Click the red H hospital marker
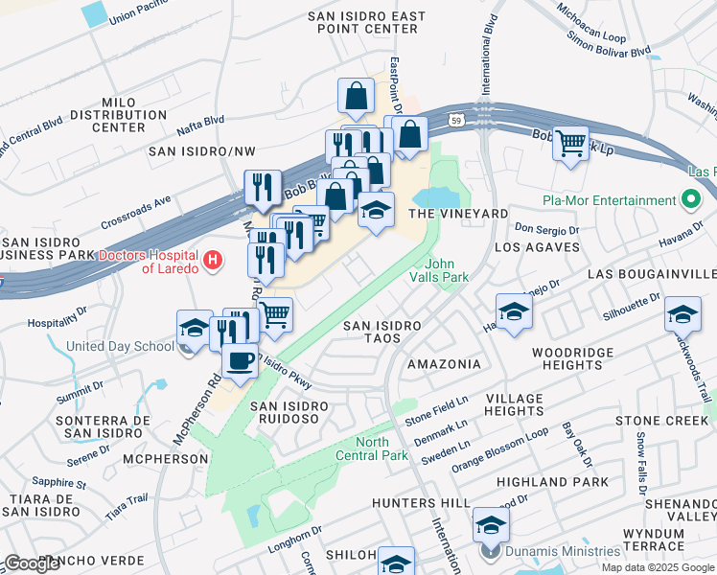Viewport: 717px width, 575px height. point(213,260)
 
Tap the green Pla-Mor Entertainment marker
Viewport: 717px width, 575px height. point(690,200)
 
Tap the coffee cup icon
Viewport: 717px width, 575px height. point(239,361)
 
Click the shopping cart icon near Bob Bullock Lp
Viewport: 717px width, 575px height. point(571,144)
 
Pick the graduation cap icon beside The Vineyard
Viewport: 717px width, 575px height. point(377,210)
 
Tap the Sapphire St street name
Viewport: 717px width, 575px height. point(59,483)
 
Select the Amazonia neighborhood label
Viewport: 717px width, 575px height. point(444,364)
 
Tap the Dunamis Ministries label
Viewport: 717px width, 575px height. point(563,551)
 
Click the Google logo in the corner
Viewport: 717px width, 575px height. point(32,564)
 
